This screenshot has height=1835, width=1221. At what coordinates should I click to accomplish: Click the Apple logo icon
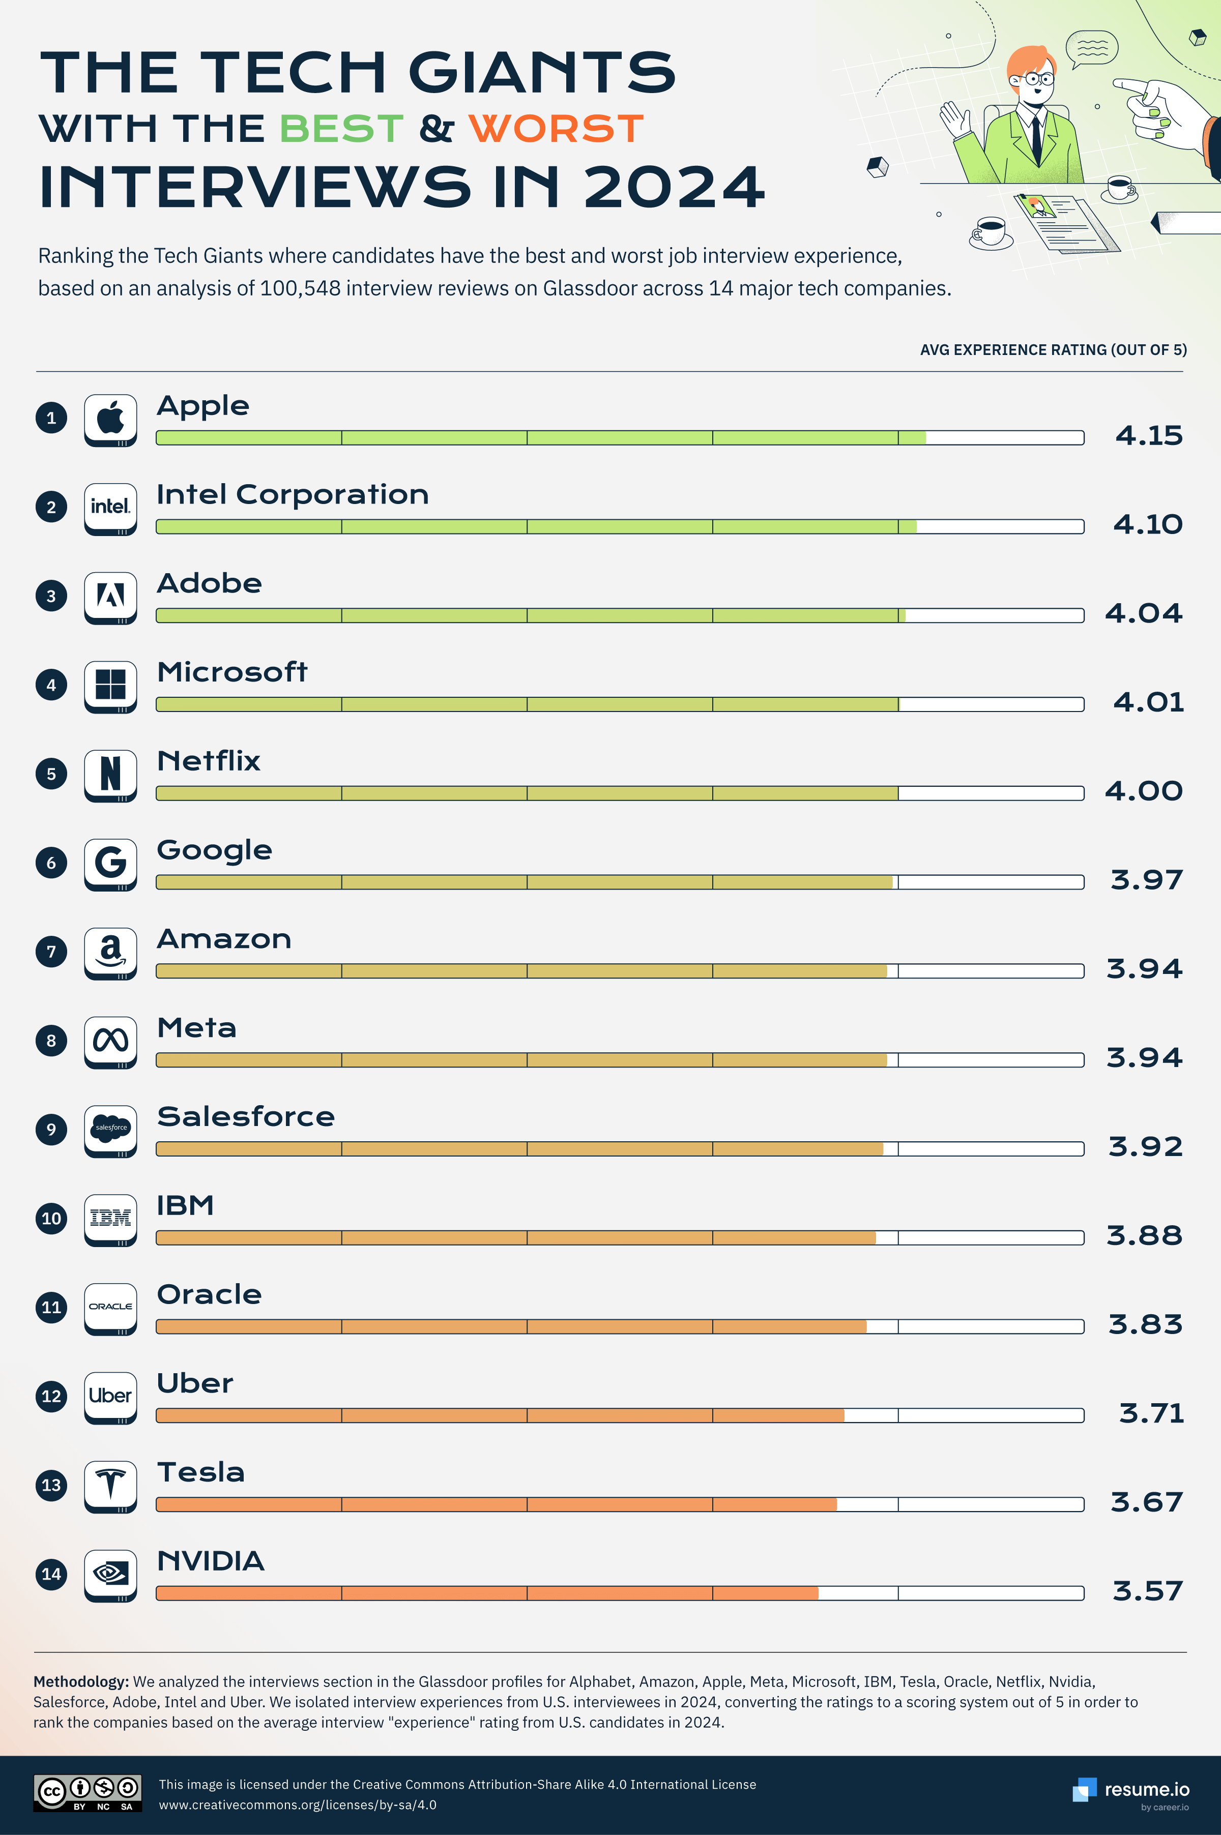tap(110, 419)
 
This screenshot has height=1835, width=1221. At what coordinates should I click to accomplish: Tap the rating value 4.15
tap(1149, 435)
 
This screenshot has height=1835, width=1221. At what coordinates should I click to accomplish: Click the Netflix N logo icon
tap(110, 775)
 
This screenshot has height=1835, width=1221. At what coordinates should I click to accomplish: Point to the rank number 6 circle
tap(51, 863)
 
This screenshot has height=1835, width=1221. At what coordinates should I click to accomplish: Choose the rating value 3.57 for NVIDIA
tap(1148, 1590)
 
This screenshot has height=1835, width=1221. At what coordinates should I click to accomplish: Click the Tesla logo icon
tap(110, 1486)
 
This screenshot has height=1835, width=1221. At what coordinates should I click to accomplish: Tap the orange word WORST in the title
tap(556, 129)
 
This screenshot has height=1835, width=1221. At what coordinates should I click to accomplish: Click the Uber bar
tap(620, 1415)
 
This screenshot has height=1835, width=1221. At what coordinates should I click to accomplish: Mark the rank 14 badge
tap(51, 1574)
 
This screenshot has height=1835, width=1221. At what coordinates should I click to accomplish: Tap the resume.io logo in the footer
tap(1130, 1790)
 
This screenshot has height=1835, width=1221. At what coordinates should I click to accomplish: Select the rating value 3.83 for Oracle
tap(1146, 1324)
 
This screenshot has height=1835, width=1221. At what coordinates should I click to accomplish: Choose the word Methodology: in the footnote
tap(81, 1681)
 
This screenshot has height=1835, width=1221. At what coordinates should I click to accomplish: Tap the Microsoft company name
tap(232, 672)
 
